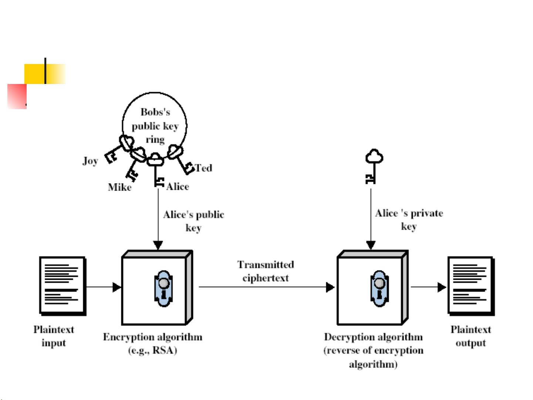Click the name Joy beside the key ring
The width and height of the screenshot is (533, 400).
90,161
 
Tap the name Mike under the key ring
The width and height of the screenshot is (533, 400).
120,187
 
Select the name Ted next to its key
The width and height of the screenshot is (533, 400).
203,168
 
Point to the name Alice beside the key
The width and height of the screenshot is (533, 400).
178,187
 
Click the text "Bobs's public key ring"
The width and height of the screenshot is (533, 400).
155,126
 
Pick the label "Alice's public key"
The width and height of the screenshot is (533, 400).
193,221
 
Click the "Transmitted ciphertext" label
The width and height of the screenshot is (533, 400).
266,271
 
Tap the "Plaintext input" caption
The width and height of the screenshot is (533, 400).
54,336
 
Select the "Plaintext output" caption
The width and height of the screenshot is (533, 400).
471,336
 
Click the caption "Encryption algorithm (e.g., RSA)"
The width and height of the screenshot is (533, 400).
152,344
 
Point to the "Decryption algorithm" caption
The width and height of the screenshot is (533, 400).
374,337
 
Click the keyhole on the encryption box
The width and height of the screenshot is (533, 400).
163,289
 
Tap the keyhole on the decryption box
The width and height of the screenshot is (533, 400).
379,289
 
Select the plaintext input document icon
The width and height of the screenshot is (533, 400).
63,286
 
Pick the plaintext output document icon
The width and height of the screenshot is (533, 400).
471,286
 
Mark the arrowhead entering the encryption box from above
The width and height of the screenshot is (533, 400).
158,245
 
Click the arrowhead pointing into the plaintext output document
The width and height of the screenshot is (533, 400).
442,287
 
